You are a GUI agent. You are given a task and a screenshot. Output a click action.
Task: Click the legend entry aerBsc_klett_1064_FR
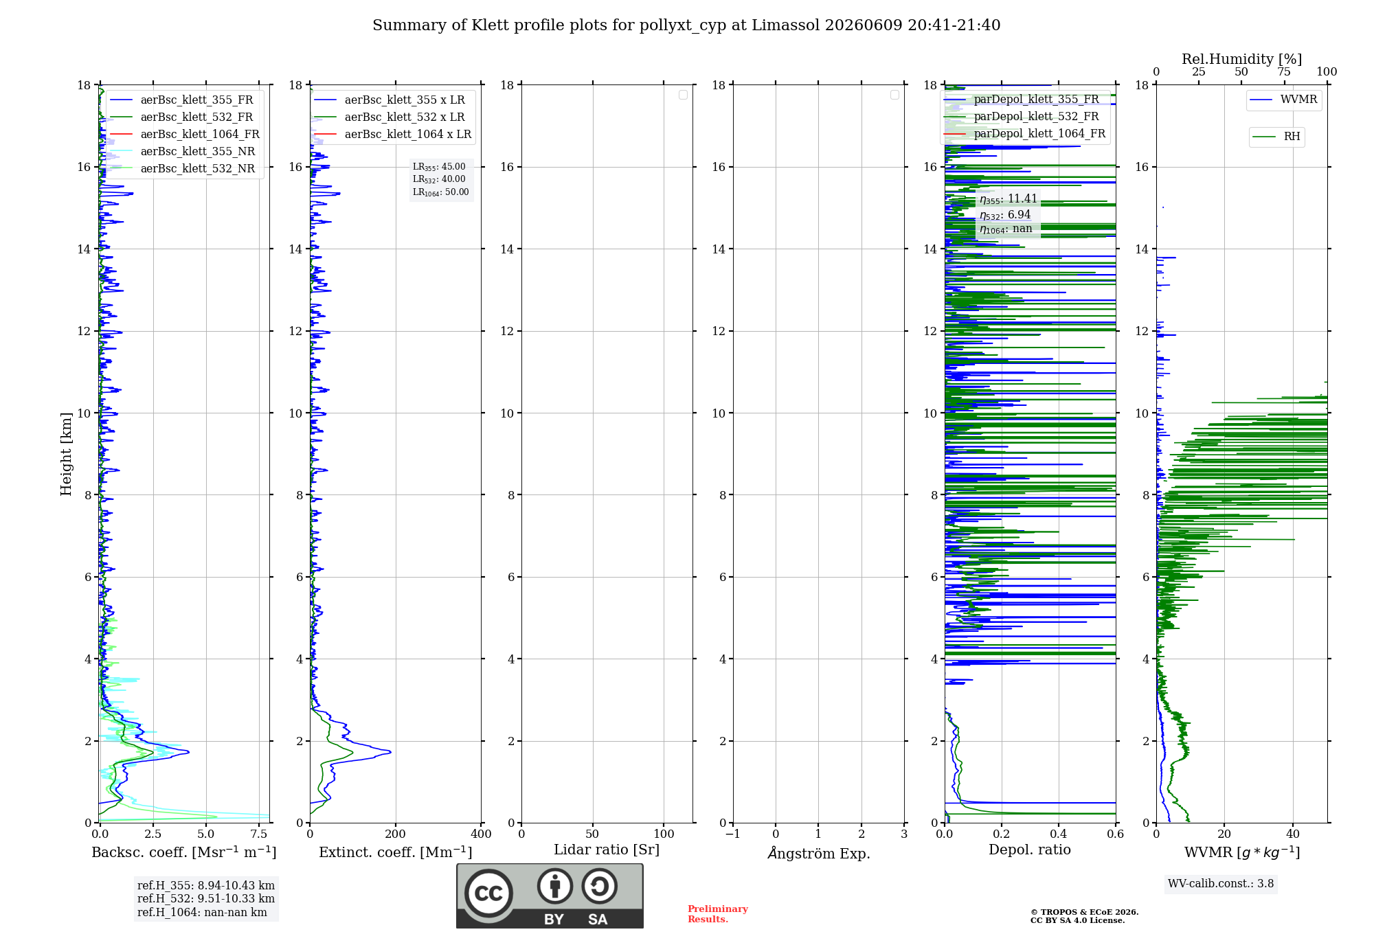[184, 134]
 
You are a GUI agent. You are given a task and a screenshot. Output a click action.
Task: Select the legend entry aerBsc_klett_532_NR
[182, 168]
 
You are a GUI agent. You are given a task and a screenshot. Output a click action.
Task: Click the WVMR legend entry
[1283, 100]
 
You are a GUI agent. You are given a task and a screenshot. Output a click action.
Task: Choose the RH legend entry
[1276, 136]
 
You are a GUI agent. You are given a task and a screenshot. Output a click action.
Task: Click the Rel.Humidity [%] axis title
[1242, 59]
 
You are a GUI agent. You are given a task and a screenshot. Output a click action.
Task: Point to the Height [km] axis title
[66, 454]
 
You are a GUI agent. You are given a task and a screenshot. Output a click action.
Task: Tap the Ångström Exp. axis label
[819, 853]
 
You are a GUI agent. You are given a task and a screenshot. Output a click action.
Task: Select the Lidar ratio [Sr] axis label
[607, 850]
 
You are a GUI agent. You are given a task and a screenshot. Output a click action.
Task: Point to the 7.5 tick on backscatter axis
[259, 834]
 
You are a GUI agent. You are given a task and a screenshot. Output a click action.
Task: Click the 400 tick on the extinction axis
[481, 834]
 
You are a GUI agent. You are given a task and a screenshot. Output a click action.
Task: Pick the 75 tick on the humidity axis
[1284, 71]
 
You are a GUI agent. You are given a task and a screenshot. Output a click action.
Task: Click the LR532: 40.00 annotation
[439, 179]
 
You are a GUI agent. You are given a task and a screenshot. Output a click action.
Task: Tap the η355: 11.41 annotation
[1009, 199]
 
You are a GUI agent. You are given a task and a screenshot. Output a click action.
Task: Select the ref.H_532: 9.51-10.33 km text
[206, 898]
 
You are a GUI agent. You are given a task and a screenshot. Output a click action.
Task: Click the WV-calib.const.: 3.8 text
[1221, 884]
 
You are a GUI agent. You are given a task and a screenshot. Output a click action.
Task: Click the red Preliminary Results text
[718, 914]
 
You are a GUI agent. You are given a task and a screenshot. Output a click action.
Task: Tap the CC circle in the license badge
[488, 893]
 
